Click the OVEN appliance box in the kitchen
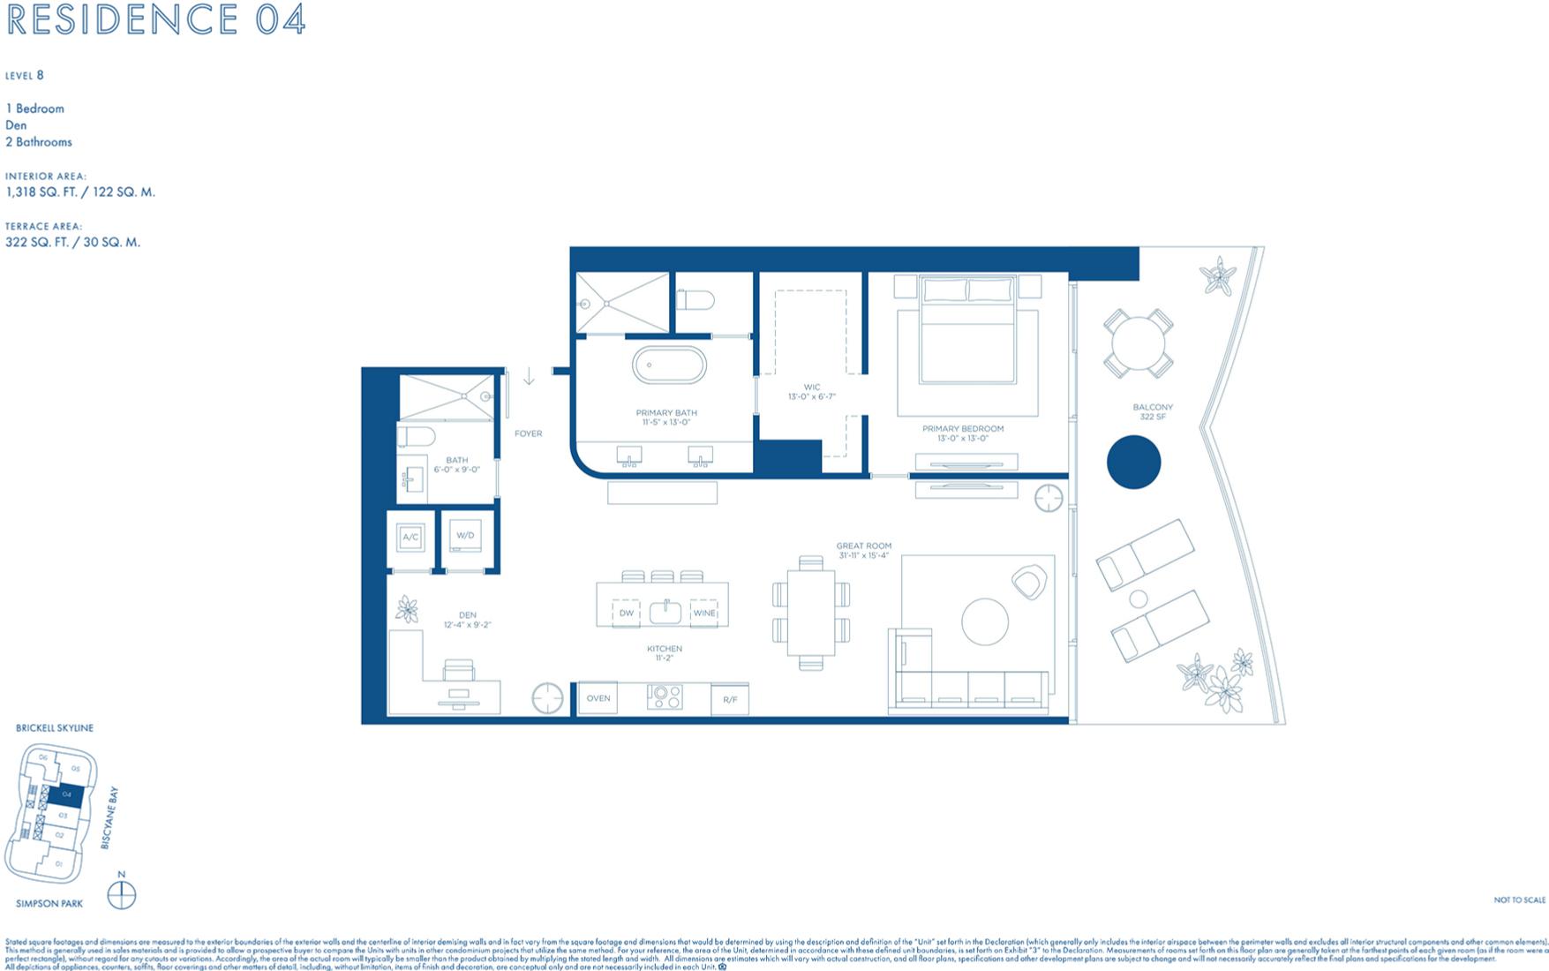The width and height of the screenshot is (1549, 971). (598, 698)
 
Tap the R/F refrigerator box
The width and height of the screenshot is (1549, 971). (730, 700)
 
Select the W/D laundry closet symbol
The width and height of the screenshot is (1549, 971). (465, 536)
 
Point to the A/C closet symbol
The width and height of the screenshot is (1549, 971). (410, 537)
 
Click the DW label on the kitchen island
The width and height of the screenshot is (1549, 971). (626, 613)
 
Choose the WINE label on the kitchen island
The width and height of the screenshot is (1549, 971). (703, 613)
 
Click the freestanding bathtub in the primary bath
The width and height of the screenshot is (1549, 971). (669, 365)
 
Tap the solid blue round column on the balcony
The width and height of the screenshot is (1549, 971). (1133, 463)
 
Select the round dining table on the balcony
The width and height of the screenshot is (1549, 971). (1138, 342)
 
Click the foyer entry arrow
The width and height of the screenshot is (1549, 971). (529, 378)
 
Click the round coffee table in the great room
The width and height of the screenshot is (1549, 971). (985, 621)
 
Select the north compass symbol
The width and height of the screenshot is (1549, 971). (122, 895)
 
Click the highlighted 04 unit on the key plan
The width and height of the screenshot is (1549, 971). (66, 795)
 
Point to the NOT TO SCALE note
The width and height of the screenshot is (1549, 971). (1519, 900)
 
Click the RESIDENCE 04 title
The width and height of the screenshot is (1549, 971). (156, 19)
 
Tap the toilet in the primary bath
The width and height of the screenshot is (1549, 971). (696, 300)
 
